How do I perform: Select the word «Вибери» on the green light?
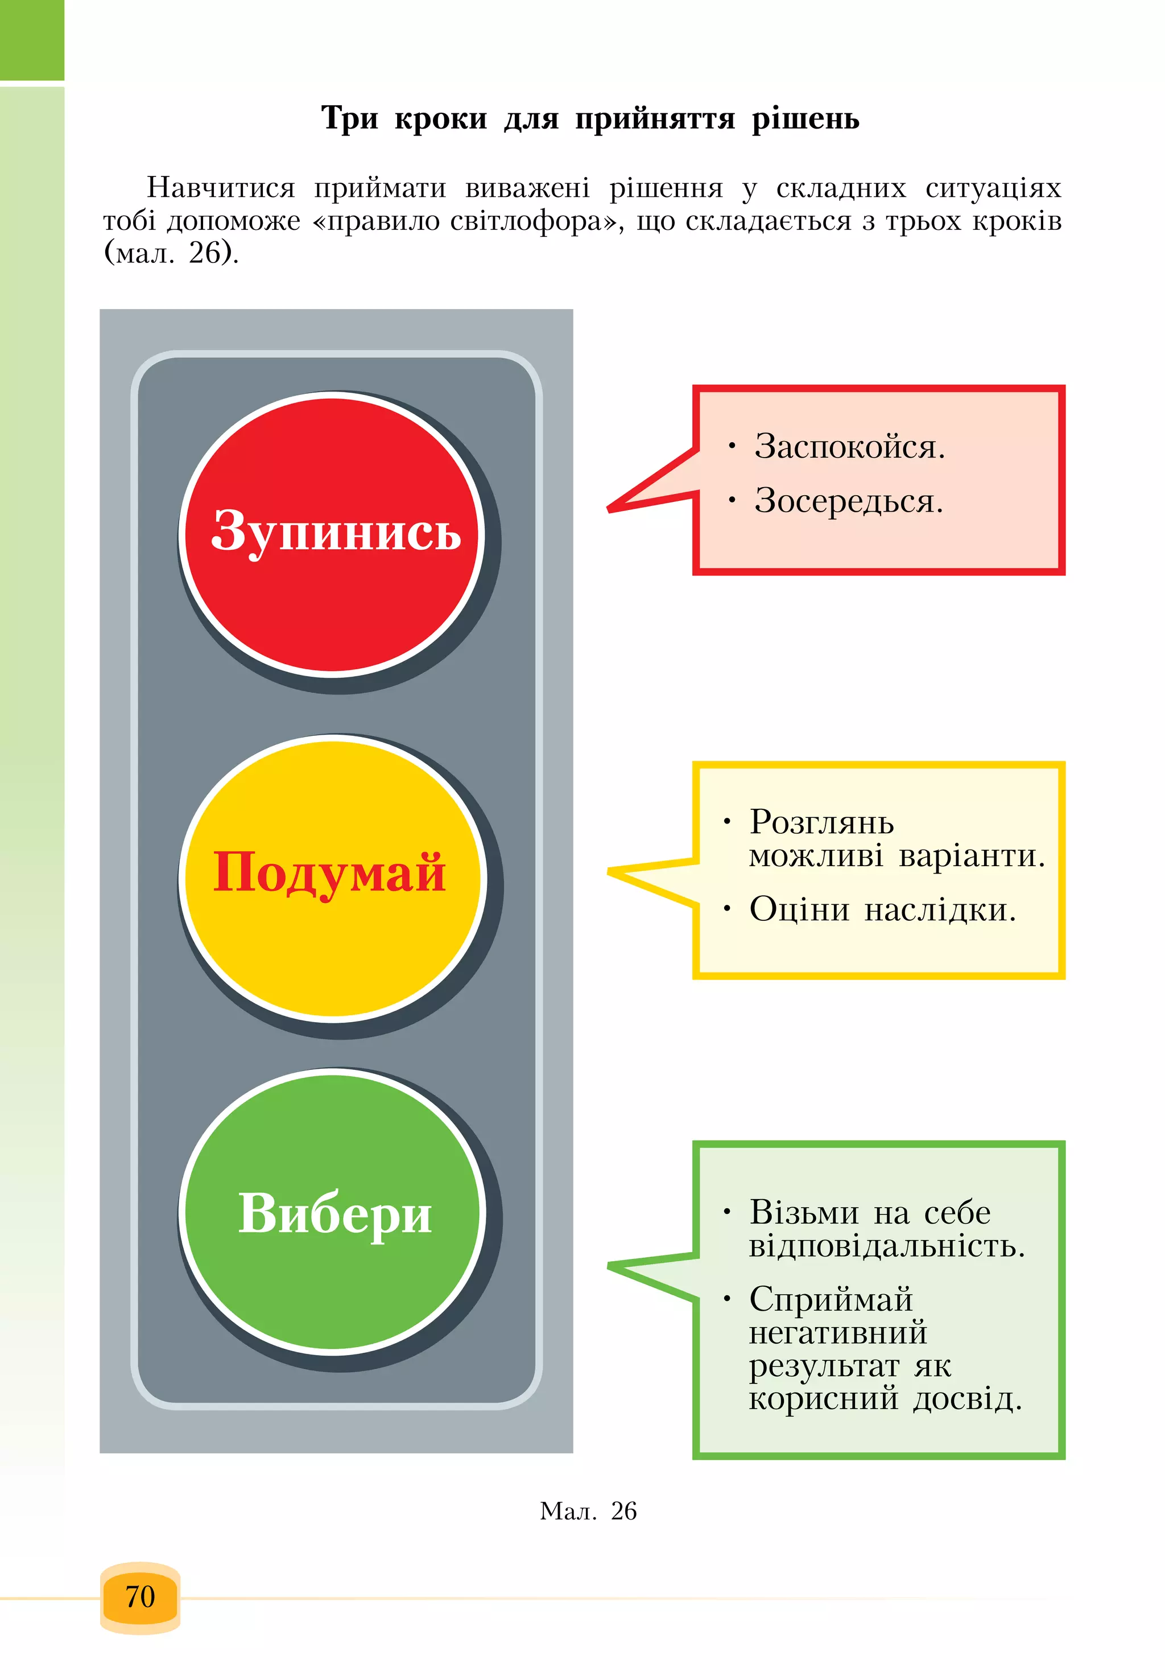pyautogui.click(x=335, y=1215)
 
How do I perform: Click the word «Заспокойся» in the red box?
pyautogui.click(x=847, y=447)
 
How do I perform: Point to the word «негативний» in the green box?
pyautogui.click(x=838, y=1333)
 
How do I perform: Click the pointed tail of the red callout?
pyautogui.click(x=609, y=509)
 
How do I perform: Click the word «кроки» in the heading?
pyautogui.click(x=441, y=119)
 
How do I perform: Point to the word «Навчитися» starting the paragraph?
pyautogui.click(x=221, y=188)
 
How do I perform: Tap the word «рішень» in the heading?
pyautogui.click(x=806, y=119)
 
